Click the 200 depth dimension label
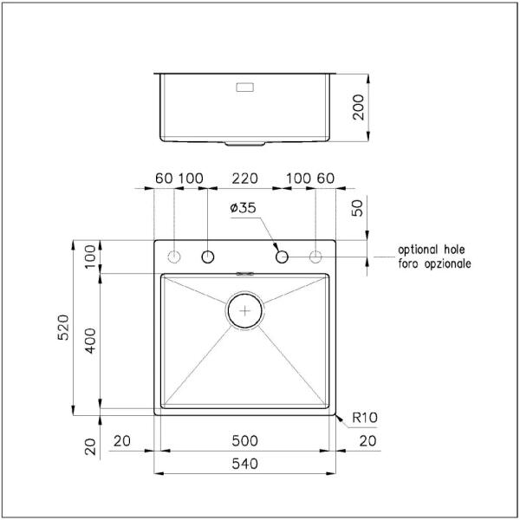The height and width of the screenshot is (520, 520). [x=359, y=107]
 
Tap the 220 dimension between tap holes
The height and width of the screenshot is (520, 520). [x=244, y=179]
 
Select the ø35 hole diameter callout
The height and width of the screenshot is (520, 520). [x=243, y=208]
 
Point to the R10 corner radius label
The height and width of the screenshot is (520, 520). [x=365, y=418]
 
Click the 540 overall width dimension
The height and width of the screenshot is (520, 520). [x=244, y=464]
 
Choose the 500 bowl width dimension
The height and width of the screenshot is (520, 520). [x=244, y=441]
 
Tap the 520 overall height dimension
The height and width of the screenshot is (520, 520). [x=63, y=328]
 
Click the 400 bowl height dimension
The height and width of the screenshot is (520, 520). [x=90, y=341]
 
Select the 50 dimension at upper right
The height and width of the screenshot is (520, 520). [x=357, y=208]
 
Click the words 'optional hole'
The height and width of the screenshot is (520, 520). [x=431, y=250]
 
